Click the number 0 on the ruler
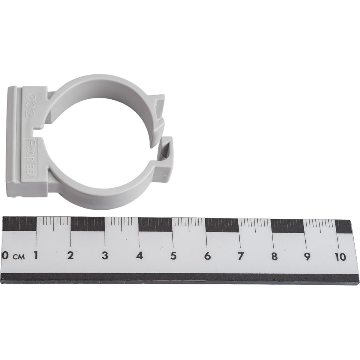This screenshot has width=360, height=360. pos(5,255)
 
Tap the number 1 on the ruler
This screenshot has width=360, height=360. pos(36,255)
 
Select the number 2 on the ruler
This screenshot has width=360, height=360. pos(70,255)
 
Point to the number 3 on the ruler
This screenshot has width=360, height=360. pos(105,256)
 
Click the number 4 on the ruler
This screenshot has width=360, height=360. pos(139,256)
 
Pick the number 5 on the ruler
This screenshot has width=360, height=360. pos(174,256)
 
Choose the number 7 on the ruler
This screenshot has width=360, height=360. pos(240,256)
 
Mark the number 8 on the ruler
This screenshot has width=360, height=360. pos(274,257)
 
